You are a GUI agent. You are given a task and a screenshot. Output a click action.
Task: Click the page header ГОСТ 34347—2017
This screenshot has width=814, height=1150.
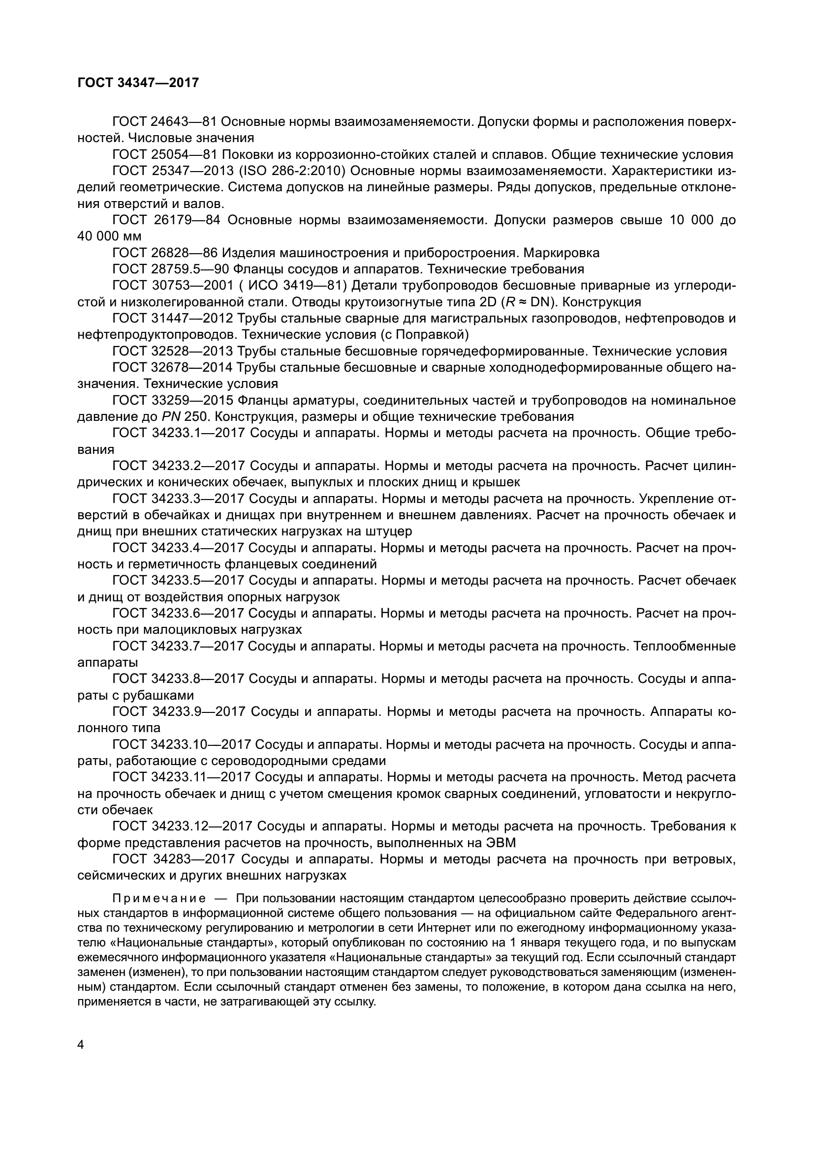(138, 83)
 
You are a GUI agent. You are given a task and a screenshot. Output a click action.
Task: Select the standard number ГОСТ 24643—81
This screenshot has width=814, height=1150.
(164, 122)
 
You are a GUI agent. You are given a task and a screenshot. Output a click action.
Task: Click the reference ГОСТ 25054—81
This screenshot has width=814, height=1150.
(164, 155)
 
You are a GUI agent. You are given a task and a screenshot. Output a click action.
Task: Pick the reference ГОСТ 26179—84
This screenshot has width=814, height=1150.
(166, 220)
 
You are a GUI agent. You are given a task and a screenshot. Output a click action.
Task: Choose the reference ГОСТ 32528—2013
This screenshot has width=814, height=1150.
(172, 351)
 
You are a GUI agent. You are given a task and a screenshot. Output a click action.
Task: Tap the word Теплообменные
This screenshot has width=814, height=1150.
(685, 646)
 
